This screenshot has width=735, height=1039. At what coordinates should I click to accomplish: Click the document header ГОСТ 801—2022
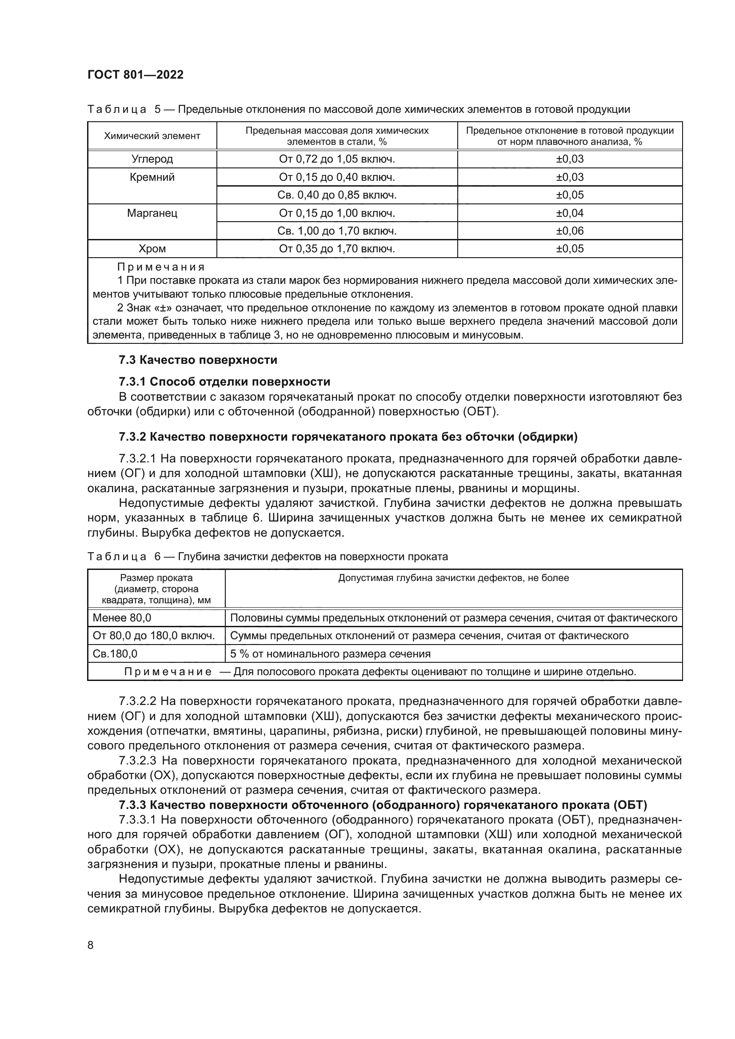coord(136,75)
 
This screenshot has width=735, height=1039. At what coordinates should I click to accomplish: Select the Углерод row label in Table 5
coord(152,159)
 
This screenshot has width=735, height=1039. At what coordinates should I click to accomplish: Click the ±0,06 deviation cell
coord(569,231)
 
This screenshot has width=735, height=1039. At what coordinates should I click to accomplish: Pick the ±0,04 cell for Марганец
coord(569,213)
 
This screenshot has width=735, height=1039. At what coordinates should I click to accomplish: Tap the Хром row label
coord(152,248)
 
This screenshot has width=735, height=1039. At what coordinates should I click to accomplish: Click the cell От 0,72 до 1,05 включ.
coord(337,159)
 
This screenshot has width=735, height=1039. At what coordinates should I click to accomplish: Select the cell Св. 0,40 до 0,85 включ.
coord(337,195)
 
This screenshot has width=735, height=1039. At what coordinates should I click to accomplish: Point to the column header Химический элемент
coord(152,136)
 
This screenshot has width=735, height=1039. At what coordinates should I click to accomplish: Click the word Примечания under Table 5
coord(161,267)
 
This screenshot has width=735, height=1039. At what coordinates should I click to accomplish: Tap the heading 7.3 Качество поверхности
coord(198,360)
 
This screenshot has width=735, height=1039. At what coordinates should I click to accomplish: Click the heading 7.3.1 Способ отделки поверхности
coord(224,382)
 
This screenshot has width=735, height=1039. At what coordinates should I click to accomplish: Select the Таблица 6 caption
coord(267,557)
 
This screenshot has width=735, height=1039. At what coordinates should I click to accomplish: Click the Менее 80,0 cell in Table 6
coord(122,618)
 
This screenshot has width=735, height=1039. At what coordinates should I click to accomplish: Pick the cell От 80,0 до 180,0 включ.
coord(153,636)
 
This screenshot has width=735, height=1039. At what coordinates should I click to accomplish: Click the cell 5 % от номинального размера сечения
coord(330,653)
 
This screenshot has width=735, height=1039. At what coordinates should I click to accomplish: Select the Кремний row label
coord(152,177)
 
